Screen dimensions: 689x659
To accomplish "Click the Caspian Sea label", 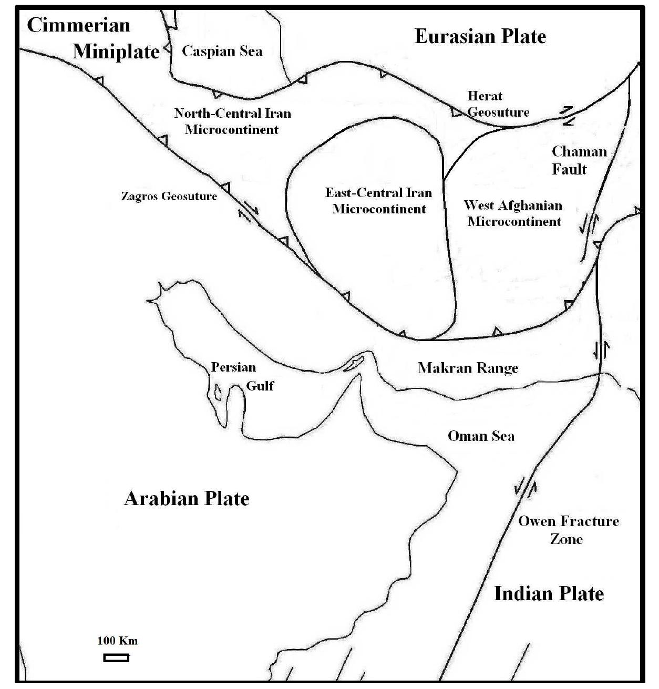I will (222, 51).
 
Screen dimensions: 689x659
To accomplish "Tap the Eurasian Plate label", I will (480, 36).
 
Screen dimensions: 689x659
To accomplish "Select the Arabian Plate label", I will (187, 498).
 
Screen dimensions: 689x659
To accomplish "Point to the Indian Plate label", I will (549, 593).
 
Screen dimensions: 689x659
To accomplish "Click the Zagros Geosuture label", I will (169, 197).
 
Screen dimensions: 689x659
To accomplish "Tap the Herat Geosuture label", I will (498, 104).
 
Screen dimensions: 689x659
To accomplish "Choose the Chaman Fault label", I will (579, 160).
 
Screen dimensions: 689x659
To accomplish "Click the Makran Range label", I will (468, 368).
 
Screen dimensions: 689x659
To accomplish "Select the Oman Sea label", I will (481, 436).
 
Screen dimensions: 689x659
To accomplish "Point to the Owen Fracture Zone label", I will (568, 530).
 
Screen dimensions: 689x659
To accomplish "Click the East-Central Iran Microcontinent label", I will (378, 201).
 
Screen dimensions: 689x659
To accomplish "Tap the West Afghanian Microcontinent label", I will (513, 213).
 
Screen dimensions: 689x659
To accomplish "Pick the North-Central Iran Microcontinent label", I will (232, 121).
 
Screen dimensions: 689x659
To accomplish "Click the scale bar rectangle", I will (116, 657).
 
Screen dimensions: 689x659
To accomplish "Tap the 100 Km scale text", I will (117, 641).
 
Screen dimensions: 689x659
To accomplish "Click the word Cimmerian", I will (78, 25).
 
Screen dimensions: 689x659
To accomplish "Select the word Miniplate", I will (116, 52).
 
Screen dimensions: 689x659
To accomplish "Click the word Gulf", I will (260, 386).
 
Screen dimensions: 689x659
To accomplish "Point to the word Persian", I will (233, 367).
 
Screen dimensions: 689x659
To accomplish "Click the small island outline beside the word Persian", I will (218, 392).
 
